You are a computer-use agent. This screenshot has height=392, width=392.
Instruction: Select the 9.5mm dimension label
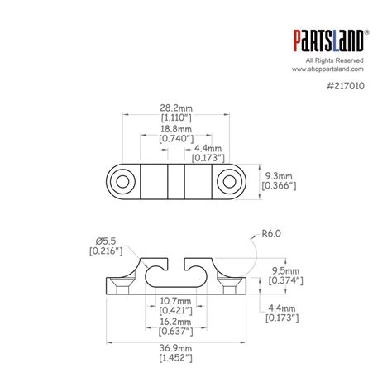(280, 270)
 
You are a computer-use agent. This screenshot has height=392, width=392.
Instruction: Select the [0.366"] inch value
(279, 187)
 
